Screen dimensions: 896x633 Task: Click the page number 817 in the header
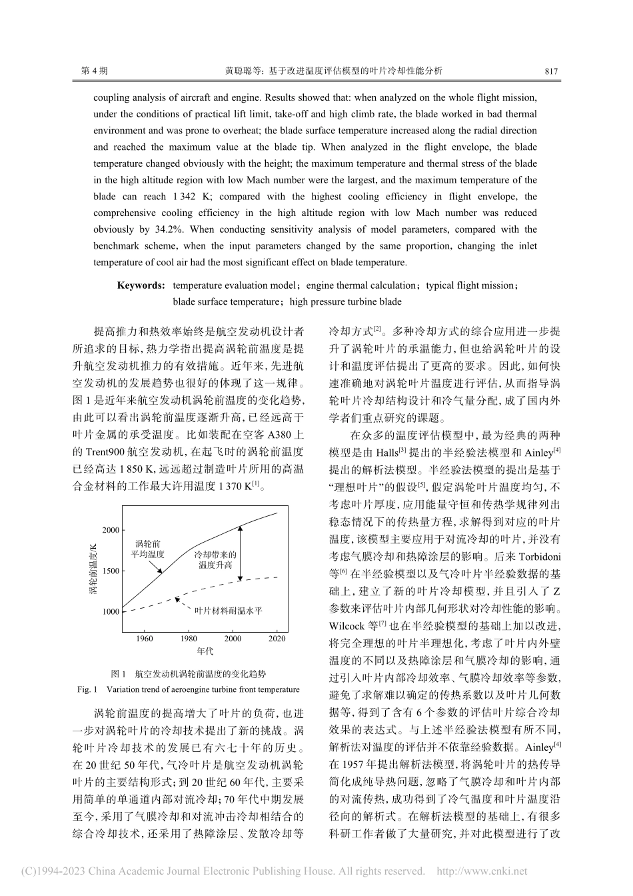pyautogui.click(x=550, y=70)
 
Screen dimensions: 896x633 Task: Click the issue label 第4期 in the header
pyautogui.click(x=94, y=70)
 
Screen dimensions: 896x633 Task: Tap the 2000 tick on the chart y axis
pyautogui.click(x=111, y=530)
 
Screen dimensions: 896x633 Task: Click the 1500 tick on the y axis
pyautogui.click(x=111, y=571)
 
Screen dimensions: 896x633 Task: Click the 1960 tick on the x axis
pyautogui.click(x=144, y=638)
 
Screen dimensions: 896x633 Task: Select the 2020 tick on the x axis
pyautogui.click(x=277, y=638)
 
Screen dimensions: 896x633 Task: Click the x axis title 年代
pyautogui.click(x=205, y=650)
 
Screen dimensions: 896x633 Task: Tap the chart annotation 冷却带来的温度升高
pyautogui.click(x=215, y=559)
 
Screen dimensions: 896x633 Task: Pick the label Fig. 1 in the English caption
pyautogui.click(x=88, y=689)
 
